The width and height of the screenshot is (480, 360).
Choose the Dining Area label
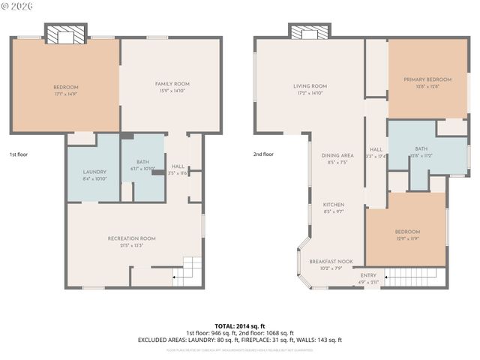tap(337, 158)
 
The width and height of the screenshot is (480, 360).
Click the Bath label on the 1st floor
tap(142, 165)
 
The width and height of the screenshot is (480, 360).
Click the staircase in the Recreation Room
tap(191, 271)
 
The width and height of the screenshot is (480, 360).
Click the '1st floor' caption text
tap(18, 154)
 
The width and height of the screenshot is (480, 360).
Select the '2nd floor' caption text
tap(263, 154)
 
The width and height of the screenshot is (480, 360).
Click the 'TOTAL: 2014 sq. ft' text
tap(240, 325)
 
